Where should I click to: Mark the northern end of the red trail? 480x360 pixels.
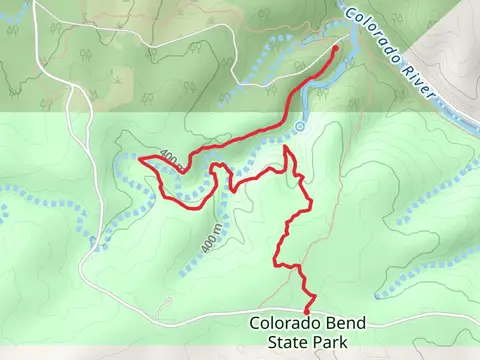[x=335, y=47]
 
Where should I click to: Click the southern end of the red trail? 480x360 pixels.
[x=307, y=311]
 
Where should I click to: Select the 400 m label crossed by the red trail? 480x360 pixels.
[x=171, y=161]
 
